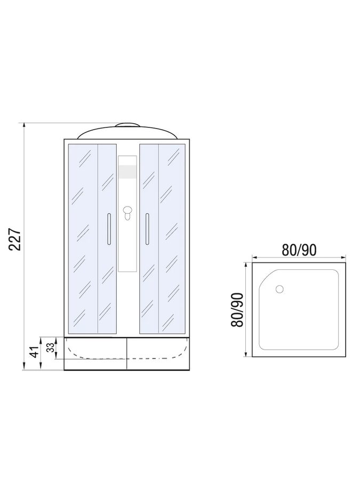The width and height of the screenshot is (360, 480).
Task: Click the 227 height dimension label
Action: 15,239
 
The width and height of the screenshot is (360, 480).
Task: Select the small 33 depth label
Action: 51,347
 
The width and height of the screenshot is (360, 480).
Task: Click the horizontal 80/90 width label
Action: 299,250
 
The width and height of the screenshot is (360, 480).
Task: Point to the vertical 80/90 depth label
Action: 237,310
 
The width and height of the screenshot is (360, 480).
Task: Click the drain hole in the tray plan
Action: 280,289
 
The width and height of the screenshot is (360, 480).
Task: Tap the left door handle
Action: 109,229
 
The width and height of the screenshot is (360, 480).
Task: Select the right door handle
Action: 147,229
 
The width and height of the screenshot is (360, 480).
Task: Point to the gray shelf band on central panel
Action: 127,172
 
